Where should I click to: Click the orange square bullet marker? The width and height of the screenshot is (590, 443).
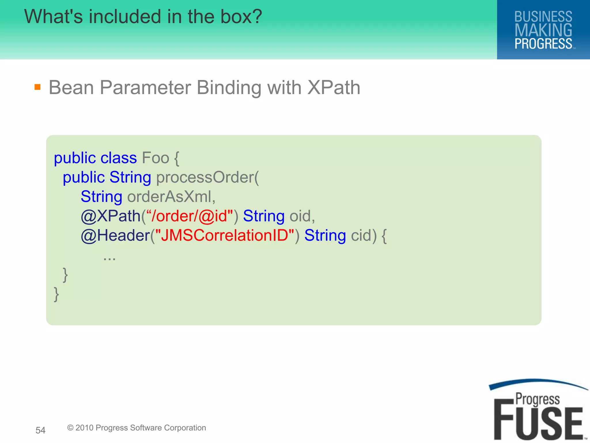tap(37, 87)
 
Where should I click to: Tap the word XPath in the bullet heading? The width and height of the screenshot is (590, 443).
tap(334, 87)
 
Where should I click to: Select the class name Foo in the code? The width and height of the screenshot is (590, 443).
tap(156, 158)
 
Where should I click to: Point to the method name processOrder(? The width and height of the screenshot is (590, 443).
tap(207, 177)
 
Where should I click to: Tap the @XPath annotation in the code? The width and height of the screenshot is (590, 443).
tap(111, 216)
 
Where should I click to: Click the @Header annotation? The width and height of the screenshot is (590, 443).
tap(115, 235)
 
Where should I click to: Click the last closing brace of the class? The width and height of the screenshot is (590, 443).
tap(56, 294)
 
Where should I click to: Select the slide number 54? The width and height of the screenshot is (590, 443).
tap(40, 430)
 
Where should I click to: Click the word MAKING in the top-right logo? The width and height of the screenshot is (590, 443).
tap(543, 30)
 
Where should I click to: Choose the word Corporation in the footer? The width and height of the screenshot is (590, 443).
tap(185, 428)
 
